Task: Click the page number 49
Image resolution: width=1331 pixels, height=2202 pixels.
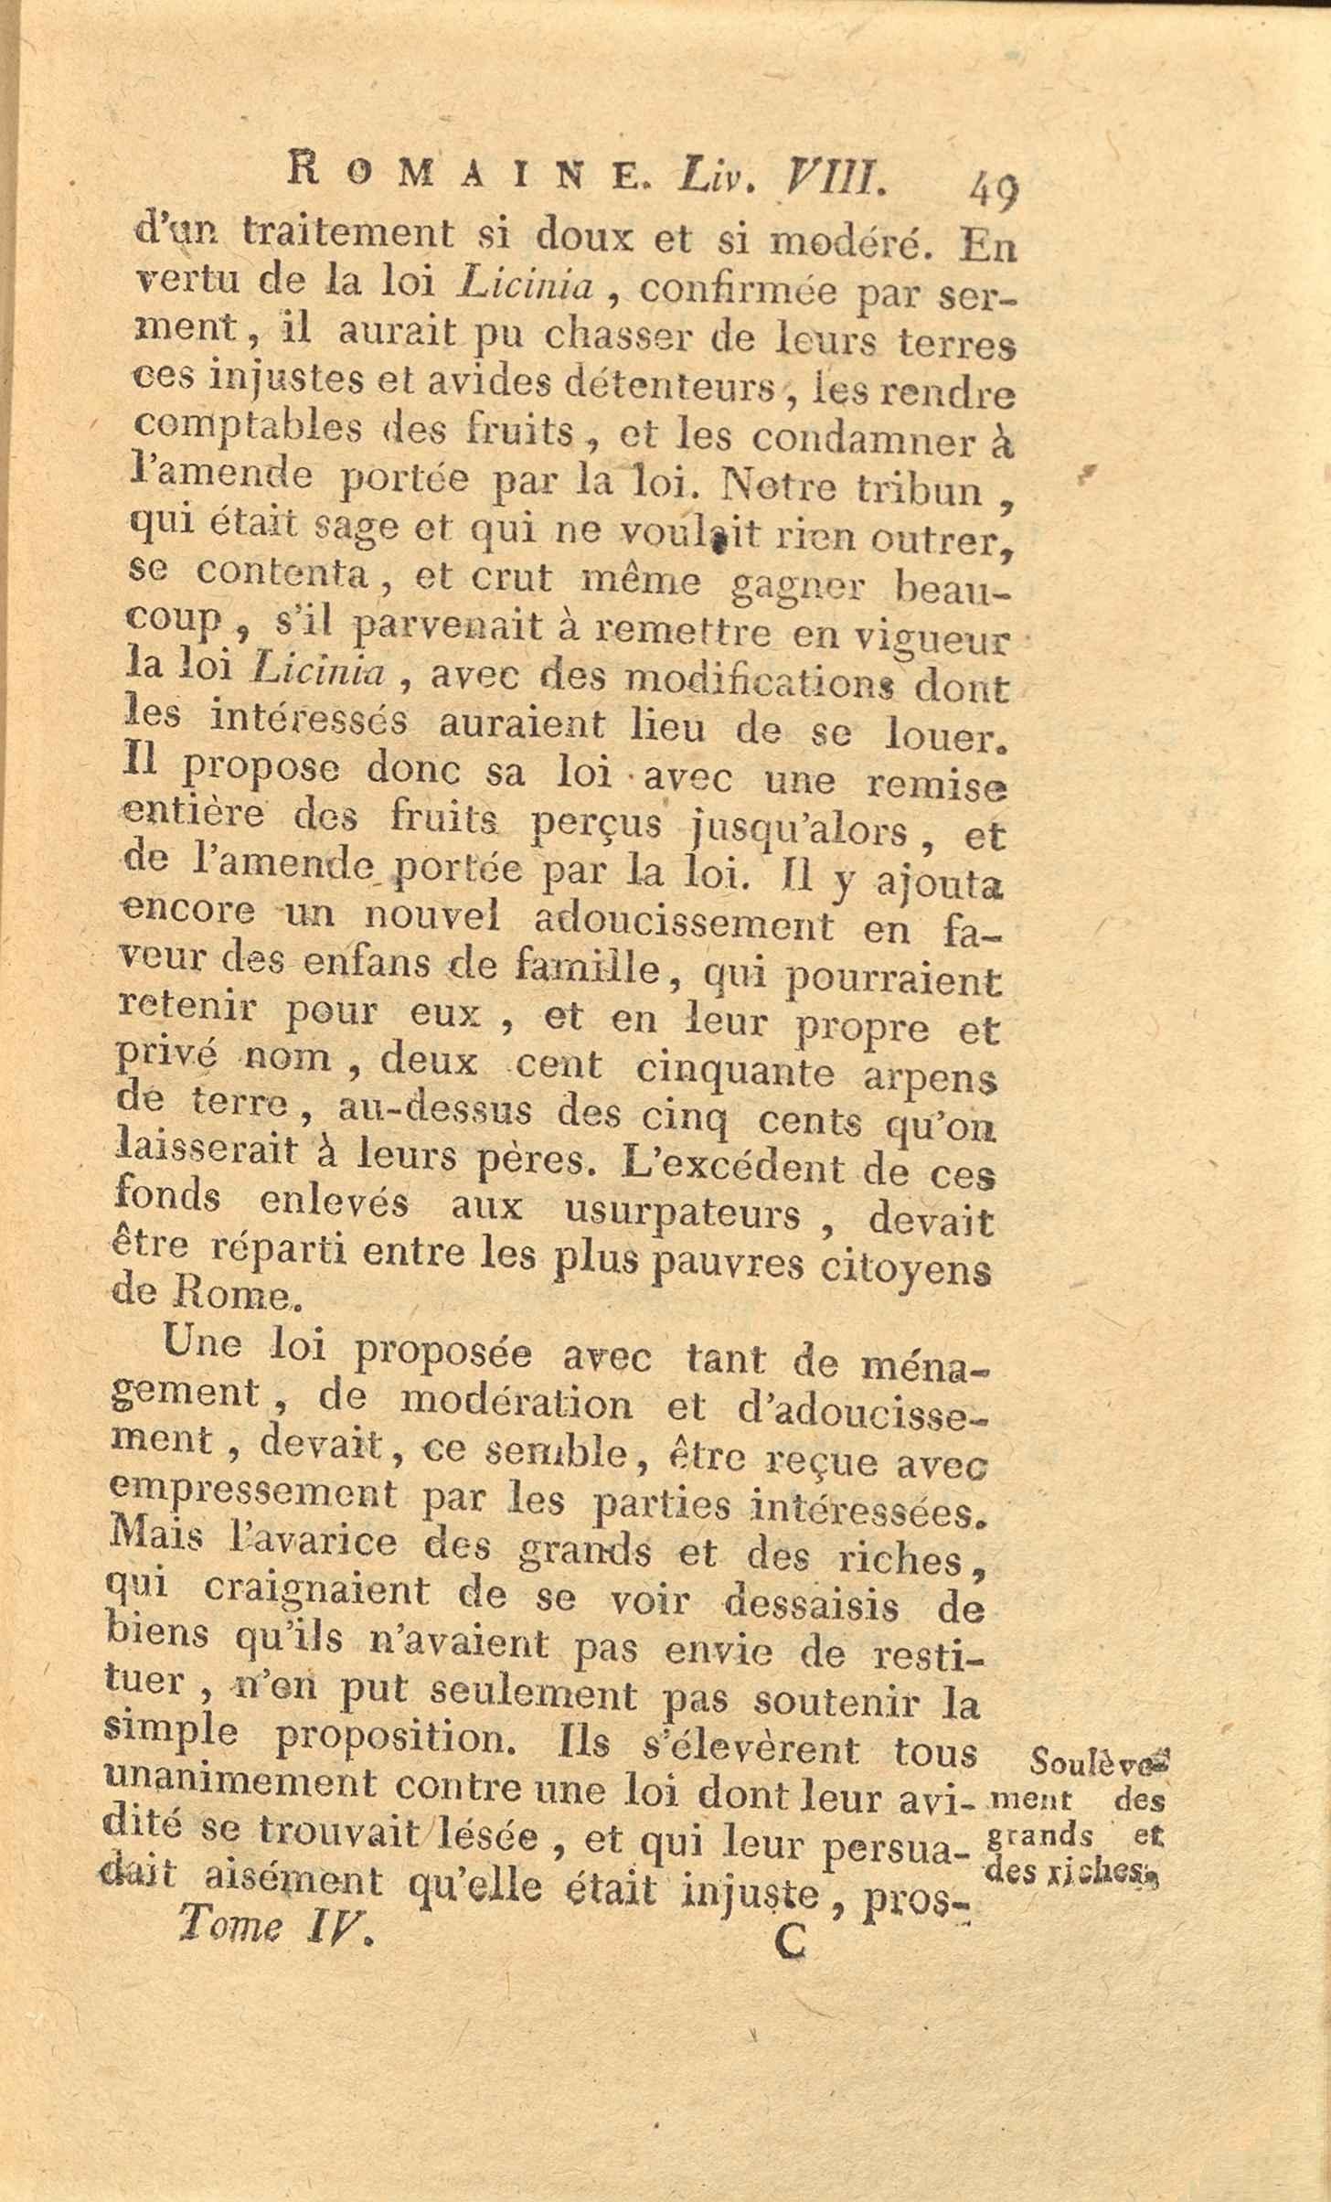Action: pos(993,191)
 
